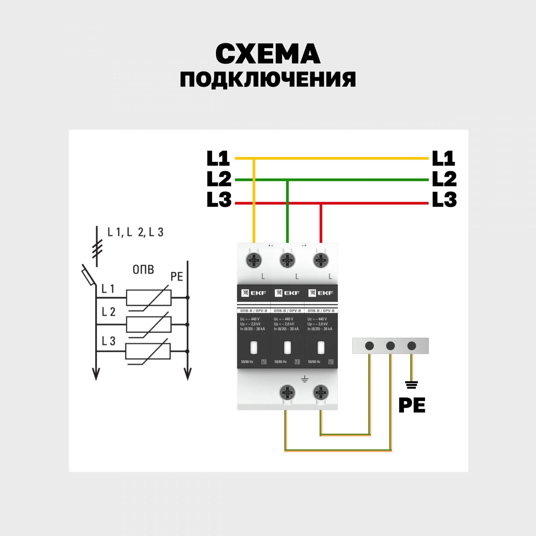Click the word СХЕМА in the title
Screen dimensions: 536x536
coord(268,54)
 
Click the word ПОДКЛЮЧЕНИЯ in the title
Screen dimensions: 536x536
coord(268,80)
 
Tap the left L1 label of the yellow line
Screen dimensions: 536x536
coord(218,158)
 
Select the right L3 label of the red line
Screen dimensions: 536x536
coord(444,199)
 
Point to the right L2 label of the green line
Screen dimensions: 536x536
coord(444,179)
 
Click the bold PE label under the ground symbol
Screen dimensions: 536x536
coord(412,405)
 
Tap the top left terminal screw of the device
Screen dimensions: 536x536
coord(254,260)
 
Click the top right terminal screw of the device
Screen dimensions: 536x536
coord(321,260)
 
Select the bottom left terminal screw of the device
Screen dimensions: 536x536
coord(287,393)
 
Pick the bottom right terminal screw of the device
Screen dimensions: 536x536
coord(321,393)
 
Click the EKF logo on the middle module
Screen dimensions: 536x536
coord(287,293)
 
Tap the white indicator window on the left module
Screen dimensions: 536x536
coord(254,347)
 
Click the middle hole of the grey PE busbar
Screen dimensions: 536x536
coord(390,346)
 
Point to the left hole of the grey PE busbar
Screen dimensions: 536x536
coord(370,346)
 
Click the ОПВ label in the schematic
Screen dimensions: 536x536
coord(143,269)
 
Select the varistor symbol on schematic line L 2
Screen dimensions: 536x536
coord(149,325)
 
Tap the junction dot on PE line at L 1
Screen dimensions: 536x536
coord(188,298)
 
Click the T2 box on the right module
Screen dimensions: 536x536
coord(331,362)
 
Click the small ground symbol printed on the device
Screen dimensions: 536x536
coord(305,379)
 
